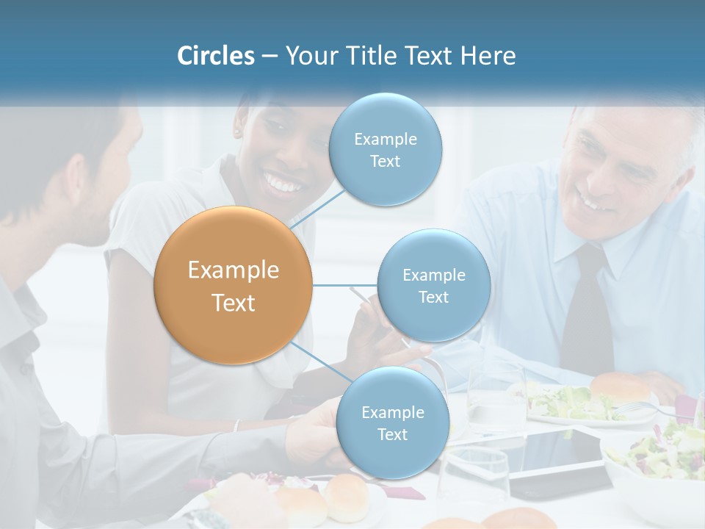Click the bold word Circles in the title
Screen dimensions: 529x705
(215, 56)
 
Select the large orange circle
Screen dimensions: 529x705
(234, 286)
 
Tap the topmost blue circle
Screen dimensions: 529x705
(386, 150)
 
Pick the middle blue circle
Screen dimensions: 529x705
(433, 286)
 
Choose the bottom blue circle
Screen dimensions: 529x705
(392, 423)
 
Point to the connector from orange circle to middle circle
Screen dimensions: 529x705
(344, 285)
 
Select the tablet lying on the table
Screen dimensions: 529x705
(558, 458)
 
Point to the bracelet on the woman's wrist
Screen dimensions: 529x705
(236, 425)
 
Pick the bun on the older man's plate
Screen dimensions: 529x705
(621, 386)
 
